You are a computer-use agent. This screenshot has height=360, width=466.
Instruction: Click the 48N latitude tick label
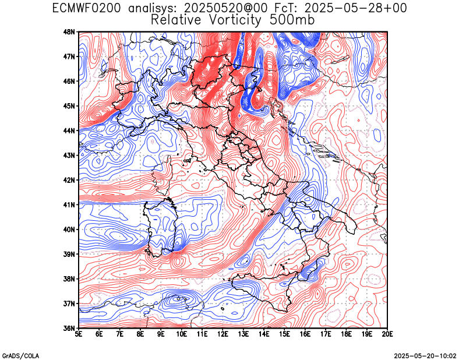[70, 32]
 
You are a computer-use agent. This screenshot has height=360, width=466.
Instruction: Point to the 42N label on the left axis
[70, 180]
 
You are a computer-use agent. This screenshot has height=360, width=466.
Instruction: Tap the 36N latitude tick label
[70, 329]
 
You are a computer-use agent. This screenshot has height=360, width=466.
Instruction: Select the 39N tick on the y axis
[70, 254]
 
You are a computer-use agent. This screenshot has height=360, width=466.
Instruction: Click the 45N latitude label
[70, 106]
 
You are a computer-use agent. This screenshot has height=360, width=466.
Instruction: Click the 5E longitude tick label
[79, 334]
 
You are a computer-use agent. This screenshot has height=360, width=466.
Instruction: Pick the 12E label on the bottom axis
[223, 334]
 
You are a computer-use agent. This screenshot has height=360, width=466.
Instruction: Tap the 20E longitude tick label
[387, 334]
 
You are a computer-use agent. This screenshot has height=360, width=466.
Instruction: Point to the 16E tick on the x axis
[305, 334]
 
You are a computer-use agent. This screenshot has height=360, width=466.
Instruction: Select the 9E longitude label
[161, 334]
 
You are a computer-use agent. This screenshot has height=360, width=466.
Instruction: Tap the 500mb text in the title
[292, 20]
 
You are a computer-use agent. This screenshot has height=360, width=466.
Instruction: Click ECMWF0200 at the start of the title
[86, 8]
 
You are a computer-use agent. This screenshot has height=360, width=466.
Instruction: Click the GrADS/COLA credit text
[20, 356]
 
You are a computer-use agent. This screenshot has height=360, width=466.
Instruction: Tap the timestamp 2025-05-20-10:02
[425, 356]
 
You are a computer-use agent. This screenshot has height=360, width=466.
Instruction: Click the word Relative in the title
[176, 20]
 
